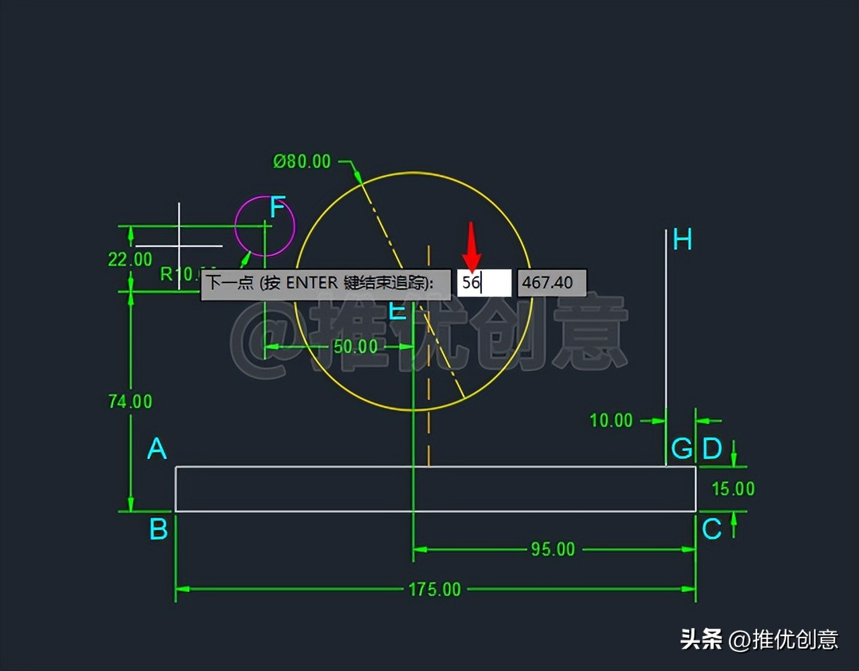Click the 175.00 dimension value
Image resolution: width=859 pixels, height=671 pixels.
click(x=434, y=589)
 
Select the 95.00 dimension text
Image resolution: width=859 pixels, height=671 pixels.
click(x=553, y=549)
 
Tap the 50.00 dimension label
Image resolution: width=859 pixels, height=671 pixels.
click(x=356, y=346)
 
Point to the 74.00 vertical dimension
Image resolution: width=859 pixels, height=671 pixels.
click(x=130, y=401)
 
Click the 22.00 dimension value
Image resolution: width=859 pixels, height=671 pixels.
click(x=130, y=259)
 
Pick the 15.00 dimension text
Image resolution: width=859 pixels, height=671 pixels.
click(x=733, y=488)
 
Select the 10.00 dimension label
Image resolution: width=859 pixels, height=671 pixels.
click(x=611, y=421)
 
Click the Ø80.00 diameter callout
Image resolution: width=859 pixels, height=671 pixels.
click(x=302, y=162)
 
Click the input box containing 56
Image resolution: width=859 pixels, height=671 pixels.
click(x=484, y=282)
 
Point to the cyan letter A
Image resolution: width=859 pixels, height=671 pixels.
click(x=156, y=448)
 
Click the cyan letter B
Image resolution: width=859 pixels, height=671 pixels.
click(x=158, y=529)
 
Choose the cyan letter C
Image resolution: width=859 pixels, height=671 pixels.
click(x=711, y=529)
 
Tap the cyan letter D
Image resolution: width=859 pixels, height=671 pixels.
click(x=711, y=448)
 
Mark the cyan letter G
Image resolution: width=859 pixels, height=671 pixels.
click(x=682, y=448)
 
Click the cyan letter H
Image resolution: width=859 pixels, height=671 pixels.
click(x=682, y=240)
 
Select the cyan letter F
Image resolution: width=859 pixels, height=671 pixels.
click(x=277, y=209)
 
